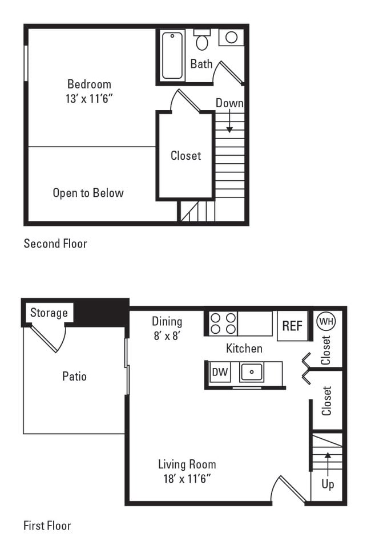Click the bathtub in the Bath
[x=172, y=55]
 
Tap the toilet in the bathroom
[x=201, y=39]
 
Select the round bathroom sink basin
[x=231, y=37]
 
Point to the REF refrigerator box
[x=292, y=326]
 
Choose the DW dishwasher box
[x=220, y=371]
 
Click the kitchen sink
[x=252, y=371]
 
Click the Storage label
[x=49, y=313]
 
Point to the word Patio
[x=74, y=377]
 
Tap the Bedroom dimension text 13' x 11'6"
[x=89, y=99]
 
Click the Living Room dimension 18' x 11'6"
[x=187, y=479]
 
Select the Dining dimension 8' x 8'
[x=167, y=335]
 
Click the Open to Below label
[x=88, y=193]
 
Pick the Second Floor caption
[x=55, y=244]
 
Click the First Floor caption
[x=47, y=525]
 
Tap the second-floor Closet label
[x=186, y=155]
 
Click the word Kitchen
[x=244, y=349]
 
